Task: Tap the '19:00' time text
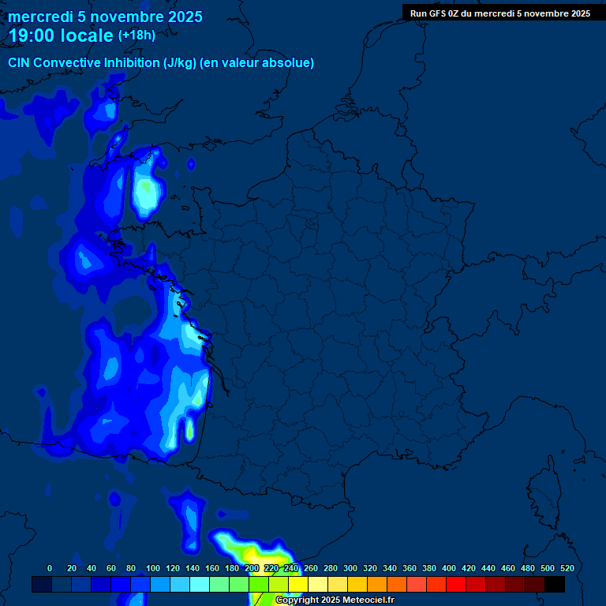(x=31, y=36)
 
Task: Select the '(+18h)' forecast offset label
(x=137, y=36)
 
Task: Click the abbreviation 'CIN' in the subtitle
(x=20, y=63)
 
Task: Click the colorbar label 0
(x=50, y=568)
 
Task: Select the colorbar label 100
(x=153, y=568)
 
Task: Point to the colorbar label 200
(x=252, y=568)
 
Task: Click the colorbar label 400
(x=449, y=568)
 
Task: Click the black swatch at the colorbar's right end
(x=555, y=584)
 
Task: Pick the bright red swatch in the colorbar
(x=456, y=584)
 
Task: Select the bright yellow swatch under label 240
(x=298, y=584)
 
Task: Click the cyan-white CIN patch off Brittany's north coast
(x=147, y=193)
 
